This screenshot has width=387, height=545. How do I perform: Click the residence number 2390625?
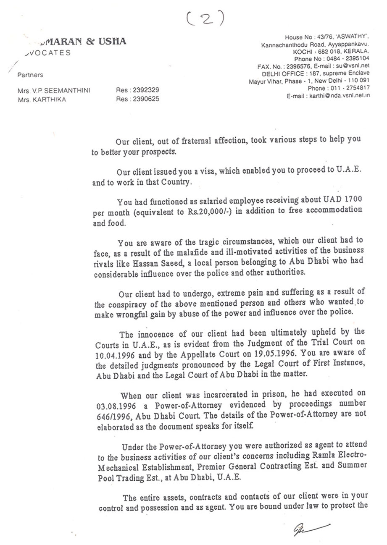145,99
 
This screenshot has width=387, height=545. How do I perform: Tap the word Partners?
30,75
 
